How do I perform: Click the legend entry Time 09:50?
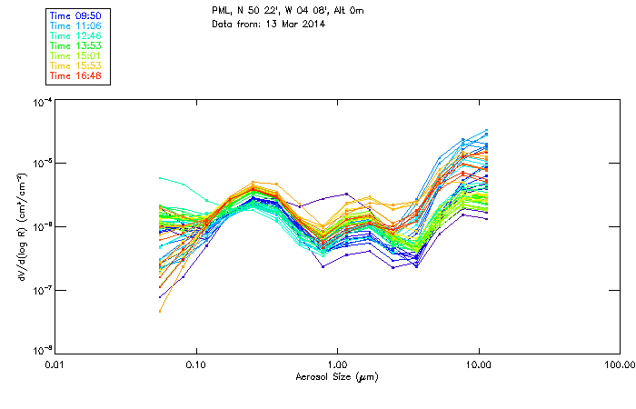[75, 15]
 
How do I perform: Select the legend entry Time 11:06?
[75, 25]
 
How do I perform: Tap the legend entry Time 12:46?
[75, 35]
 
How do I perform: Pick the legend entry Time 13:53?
[75, 45]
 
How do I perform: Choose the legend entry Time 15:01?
[75, 55]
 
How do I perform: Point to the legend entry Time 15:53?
[75, 65]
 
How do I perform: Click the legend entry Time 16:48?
[75, 75]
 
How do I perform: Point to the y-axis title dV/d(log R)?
[19, 227]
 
